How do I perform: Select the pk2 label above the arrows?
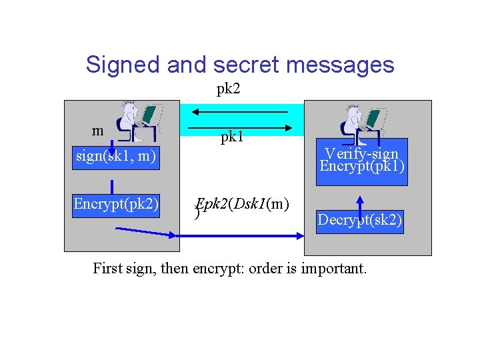tap(228, 89)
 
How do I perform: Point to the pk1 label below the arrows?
tap(232, 137)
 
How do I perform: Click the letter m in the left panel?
tap(98, 130)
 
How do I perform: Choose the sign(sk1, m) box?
tap(116, 157)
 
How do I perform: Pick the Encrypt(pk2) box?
tap(116, 203)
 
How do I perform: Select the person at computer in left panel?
tap(138, 121)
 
